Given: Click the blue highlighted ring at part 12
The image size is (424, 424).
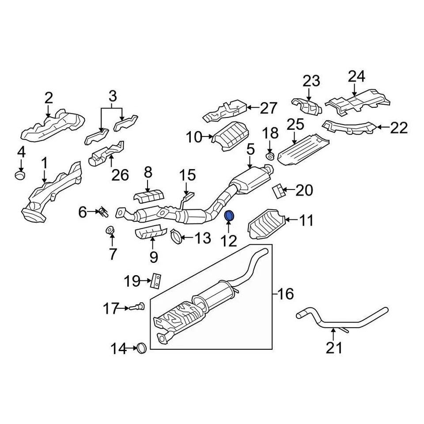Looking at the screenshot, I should (x=230, y=216).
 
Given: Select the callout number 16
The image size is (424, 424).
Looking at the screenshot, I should (x=286, y=294).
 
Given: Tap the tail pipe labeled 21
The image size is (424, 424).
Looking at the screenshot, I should (x=342, y=321).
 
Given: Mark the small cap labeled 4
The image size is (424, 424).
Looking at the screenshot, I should (x=20, y=175).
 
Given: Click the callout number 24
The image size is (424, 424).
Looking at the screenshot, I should (x=356, y=77).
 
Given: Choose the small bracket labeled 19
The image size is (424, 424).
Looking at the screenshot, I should (x=156, y=280).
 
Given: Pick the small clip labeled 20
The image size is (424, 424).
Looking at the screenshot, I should (x=278, y=190).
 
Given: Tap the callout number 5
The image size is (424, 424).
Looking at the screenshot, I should (x=250, y=150).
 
